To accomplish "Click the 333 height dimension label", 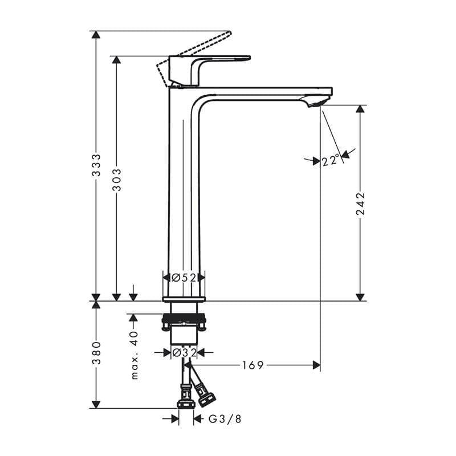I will point(96,165).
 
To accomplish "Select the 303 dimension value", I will point(117,180).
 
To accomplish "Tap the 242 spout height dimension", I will point(360,203).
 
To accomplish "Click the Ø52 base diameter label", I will point(184,278).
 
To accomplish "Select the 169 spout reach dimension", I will point(253,365).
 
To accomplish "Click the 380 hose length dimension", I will point(96,353).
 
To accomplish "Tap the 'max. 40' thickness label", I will point(135,355).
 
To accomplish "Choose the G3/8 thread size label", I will point(225,419).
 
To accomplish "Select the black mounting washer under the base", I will point(184,319).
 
